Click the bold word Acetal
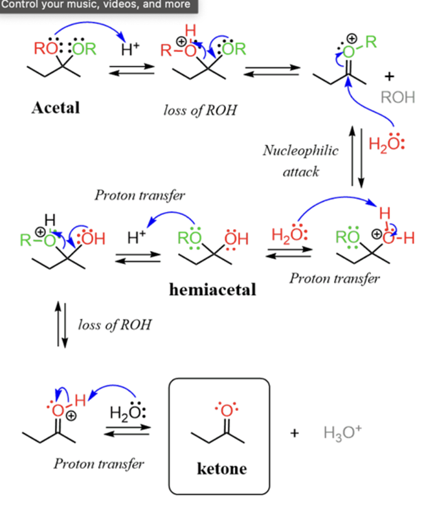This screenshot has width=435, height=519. coord(56,107)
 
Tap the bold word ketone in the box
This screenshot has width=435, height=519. coord(221,469)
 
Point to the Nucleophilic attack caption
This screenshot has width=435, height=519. coord(300,161)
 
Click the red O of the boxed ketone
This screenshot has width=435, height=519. coord(226,410)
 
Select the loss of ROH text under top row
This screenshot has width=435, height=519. coord(200,110)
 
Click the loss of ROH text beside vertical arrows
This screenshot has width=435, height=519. coord(115,324)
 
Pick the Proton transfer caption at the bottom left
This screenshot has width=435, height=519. coord(99,464)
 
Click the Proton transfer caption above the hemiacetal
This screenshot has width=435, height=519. coord(140,195)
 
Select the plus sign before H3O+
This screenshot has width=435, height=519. coord(295,432)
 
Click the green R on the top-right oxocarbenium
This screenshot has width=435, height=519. coord(370,43)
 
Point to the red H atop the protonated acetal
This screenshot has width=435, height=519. coord(190,30)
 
